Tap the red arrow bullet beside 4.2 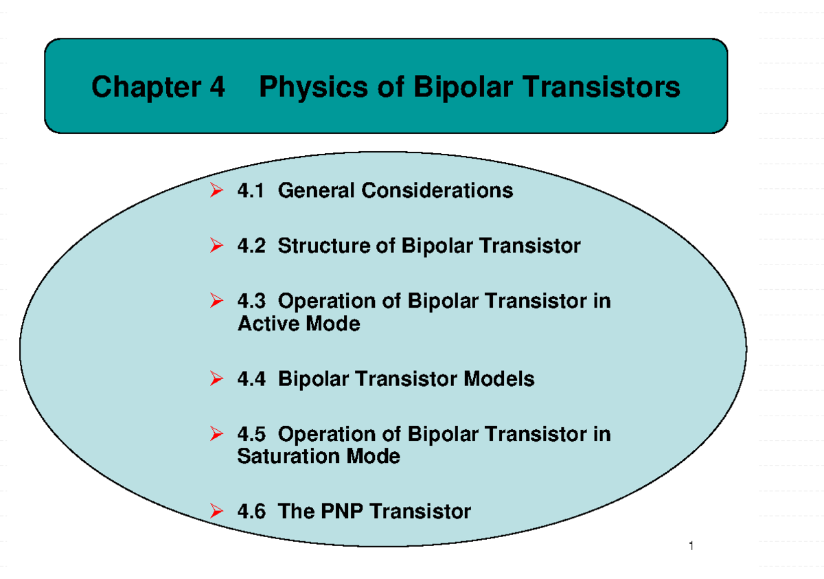click(x=216, y=246)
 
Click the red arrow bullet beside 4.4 click(x=216, y=378)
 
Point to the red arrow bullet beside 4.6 click(x=216, y=512)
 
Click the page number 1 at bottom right click(x=691, y=547)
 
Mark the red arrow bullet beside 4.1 click(x=216, y=190)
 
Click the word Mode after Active click(x=332, y=323)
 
